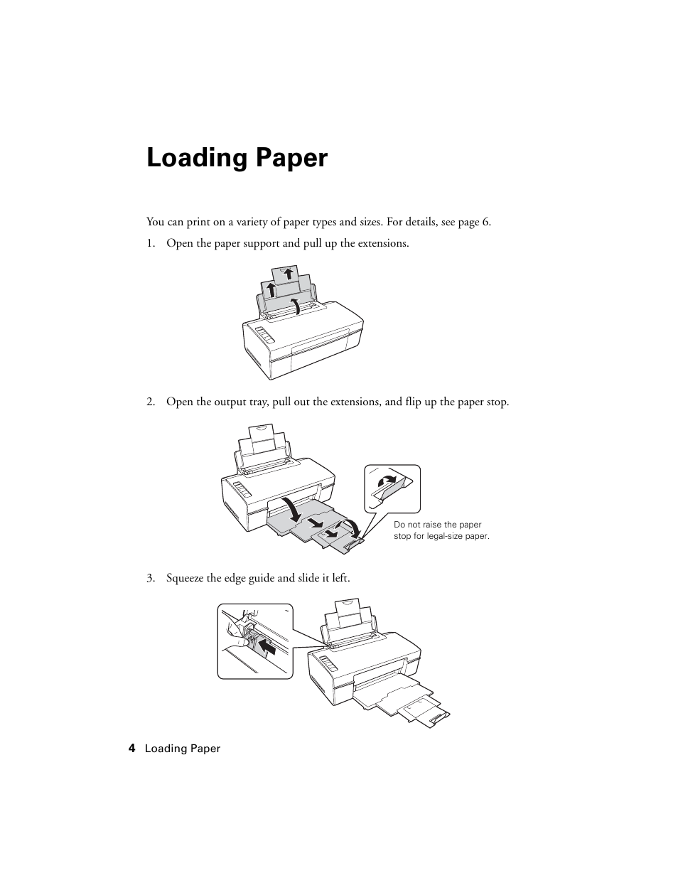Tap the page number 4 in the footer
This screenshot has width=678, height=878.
[x=131, y=749]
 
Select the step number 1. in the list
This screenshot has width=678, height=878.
[x=151, y=243]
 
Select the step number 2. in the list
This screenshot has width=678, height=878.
[x=151, y=402]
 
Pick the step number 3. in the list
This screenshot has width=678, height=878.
[x=151, y=578]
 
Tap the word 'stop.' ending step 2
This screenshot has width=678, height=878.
[x=498, y=402]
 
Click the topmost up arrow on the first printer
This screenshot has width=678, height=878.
[x=288, y=274]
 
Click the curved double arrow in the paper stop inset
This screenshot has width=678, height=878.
[x=387, y=481]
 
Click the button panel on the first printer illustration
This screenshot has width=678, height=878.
[x=264, y=335]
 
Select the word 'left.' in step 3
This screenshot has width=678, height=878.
[x=341, y=578]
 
